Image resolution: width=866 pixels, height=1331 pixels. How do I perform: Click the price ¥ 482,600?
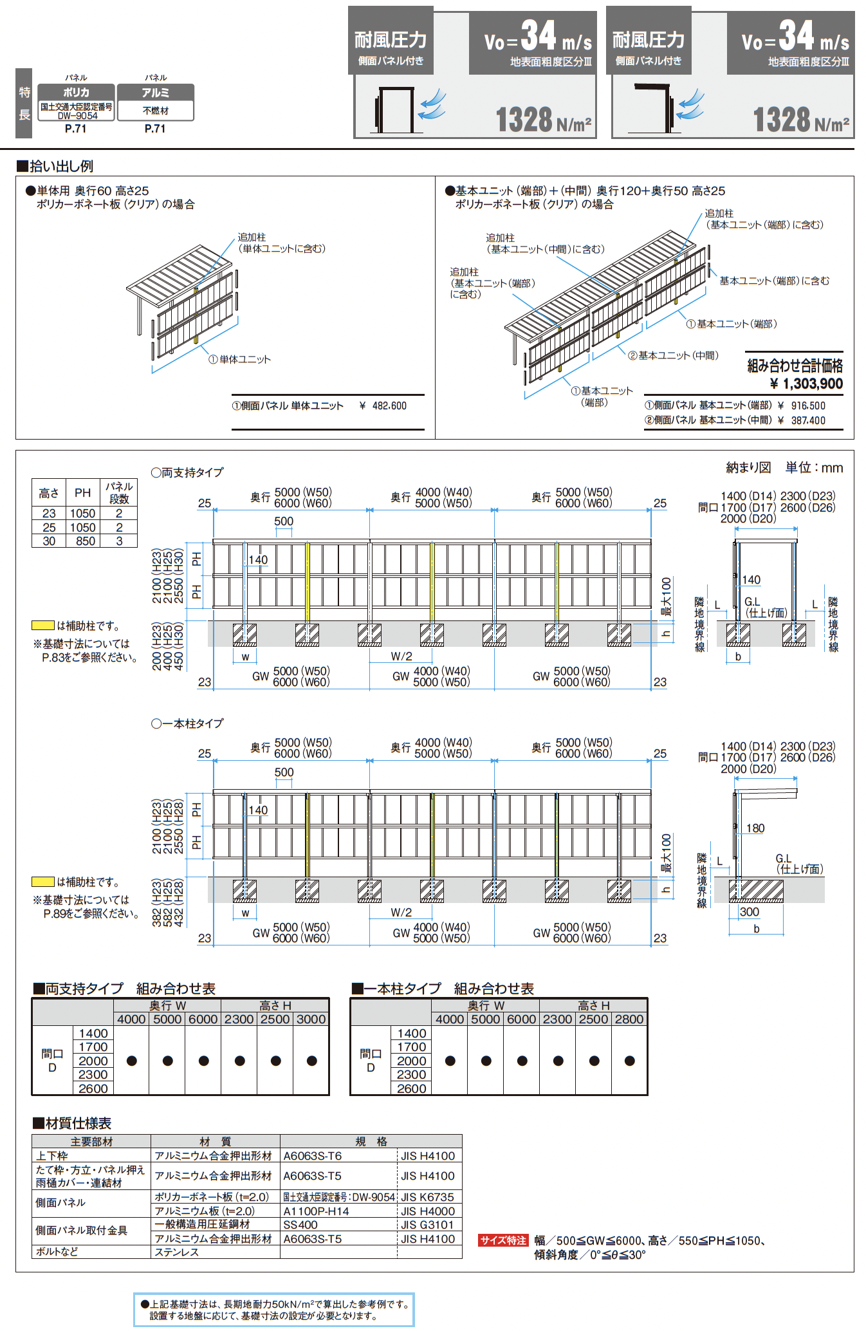pos(383,406)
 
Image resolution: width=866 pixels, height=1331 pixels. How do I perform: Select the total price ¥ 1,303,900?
pos(806,384)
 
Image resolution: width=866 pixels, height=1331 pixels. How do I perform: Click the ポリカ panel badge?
pos(77,93)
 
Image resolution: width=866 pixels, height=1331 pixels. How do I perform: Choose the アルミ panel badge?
pos(155,93)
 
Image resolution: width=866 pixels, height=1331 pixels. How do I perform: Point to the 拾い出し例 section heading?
pos(55,166)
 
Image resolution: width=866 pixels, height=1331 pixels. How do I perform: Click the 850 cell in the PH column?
pos(83,541)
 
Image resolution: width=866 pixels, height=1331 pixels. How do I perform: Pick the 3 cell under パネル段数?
pos(119,541)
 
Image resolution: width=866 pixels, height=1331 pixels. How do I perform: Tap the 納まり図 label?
pos(748,468)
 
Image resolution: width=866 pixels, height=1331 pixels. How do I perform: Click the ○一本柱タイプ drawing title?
pos(187,723)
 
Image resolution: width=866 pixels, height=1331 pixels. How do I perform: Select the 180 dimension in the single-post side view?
pos(755,828)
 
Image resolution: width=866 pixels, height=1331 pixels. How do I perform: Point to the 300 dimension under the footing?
pos(750,912)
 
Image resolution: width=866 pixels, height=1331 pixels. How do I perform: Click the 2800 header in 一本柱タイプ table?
pos(629,1019)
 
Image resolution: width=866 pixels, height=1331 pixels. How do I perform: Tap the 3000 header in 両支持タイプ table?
pos(311,1019)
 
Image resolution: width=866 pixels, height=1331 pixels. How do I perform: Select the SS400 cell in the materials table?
pos(300,1225)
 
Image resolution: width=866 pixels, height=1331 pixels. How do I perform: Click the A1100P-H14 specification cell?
pos(317,1211)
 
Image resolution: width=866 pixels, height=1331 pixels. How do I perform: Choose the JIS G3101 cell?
pos(428,1225)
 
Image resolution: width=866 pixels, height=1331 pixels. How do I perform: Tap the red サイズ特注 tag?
pos(503,1240)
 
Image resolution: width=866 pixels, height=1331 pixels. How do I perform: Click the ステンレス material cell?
pos(177,1252)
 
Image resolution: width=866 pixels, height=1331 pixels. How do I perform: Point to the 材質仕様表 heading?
pos(72,1123)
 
